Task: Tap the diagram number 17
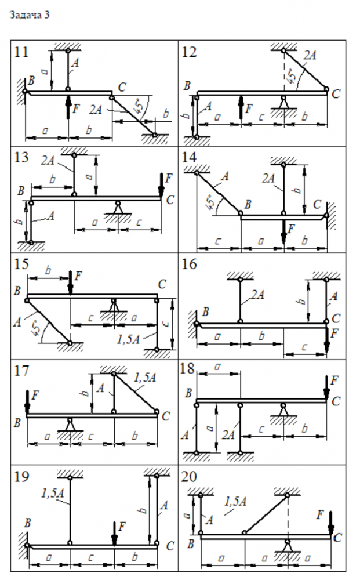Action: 21,370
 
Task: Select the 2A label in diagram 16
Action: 258,295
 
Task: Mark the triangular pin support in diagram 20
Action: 287,545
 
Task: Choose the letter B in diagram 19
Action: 27,523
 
